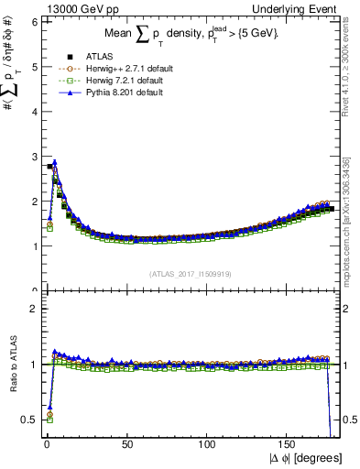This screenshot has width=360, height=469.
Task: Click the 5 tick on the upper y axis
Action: [35, 67]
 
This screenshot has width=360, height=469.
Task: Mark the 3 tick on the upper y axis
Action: [35, 157]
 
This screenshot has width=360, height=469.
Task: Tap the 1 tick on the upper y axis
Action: [35, 245]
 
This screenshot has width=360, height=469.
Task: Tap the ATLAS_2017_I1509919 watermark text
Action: [191, 273]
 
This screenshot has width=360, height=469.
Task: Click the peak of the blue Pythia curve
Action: [55, 162]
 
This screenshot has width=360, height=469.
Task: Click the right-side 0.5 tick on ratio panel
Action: [348, 420]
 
